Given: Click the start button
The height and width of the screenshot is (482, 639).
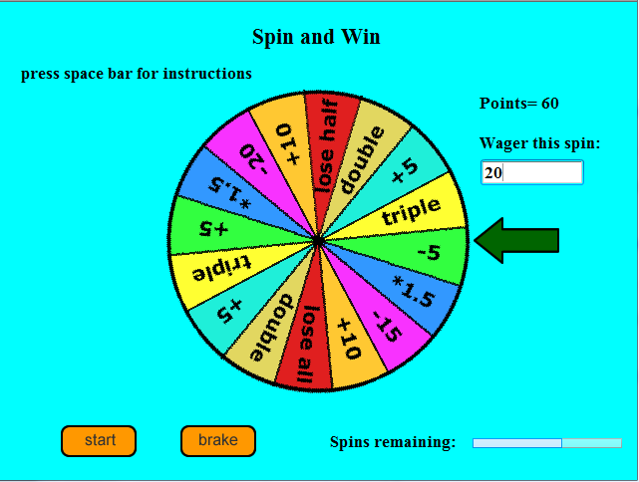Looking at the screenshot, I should [99, 440].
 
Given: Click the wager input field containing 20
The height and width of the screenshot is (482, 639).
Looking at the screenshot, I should [531, 172].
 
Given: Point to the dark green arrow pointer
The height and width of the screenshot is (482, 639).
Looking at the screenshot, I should [515, 240].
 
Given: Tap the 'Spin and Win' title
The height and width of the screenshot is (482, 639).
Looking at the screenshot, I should [316, 38].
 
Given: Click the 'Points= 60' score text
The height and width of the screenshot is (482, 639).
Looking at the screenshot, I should [519, 104].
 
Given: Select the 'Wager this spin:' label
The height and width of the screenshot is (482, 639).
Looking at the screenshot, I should [539, 143].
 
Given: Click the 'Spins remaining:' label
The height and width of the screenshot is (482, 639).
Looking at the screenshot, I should [393, 441].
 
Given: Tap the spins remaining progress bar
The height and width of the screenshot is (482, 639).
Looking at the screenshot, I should [546, 442].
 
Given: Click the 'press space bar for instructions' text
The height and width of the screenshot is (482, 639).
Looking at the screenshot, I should [137, 74].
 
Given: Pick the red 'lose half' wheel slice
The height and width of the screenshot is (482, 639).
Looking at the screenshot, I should [326, 143].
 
